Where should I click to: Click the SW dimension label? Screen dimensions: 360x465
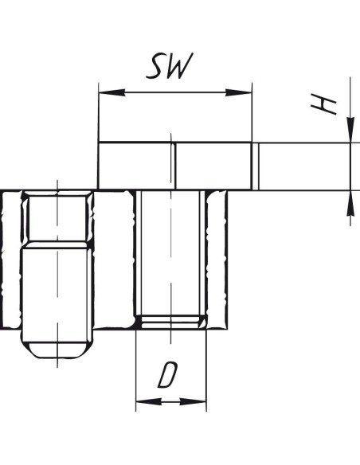(x=170, y=66)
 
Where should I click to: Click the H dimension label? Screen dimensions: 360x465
(x=323, y=104)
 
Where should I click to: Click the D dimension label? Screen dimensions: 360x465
(x=167, y=375)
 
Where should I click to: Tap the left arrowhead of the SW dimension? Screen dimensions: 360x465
(x=112, y=92)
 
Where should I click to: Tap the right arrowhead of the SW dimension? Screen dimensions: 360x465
(x=238, y=92)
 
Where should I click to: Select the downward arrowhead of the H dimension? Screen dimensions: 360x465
(x=350, y=130)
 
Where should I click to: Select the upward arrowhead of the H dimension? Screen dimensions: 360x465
(x=350, y=203)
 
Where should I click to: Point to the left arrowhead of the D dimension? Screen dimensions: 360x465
(x=149, y=402)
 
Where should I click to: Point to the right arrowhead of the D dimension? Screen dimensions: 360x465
(x=193, y=402)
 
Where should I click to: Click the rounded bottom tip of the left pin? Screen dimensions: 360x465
(x=57, y=350)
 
